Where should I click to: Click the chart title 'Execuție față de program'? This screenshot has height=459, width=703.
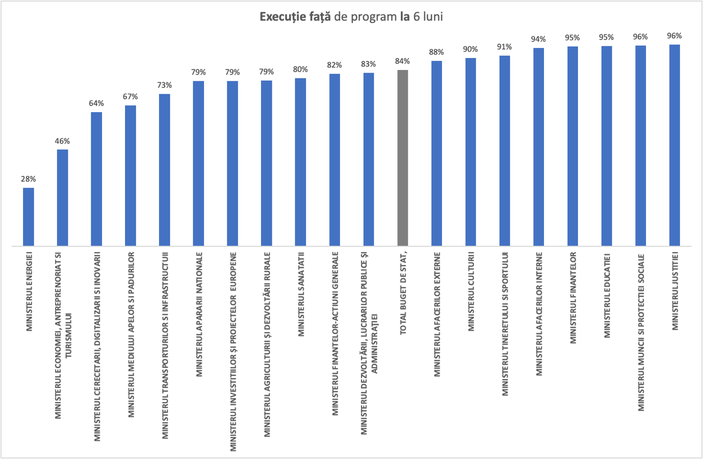pyautogui.click(x=351, y=17)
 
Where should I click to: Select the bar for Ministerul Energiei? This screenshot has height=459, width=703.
pyautogui.click(x=28, y=217)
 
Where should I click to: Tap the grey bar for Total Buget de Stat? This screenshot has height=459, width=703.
pyautogui.click(x=403, y=158)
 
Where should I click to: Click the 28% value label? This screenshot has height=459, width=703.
pyautogui.click(x=28, y=179)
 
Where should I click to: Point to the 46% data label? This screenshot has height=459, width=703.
pyautogui.click(x=62, y=141)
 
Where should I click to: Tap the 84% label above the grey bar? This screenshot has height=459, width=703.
pyautogui.click(x=403, y=61)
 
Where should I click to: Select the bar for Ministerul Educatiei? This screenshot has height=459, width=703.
pyautogui.click(x=607, y=146)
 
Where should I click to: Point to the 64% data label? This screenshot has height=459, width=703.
pyautogui.click(x=96, y=103)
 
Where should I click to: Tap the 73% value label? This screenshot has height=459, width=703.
pyautogui.click(x=165, y=85)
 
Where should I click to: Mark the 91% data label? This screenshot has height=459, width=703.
pyautogui.click(x=505, y=47)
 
